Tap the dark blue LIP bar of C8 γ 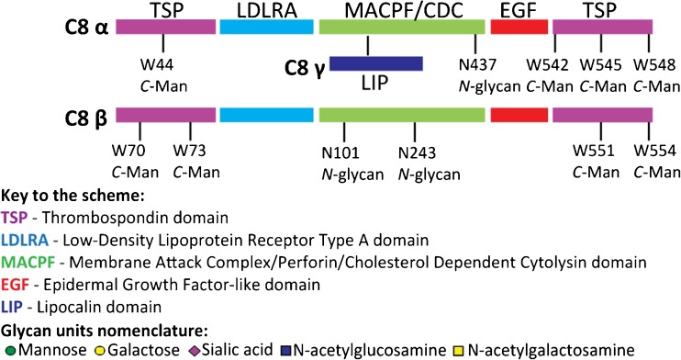376,63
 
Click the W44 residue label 163,64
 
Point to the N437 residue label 476,64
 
